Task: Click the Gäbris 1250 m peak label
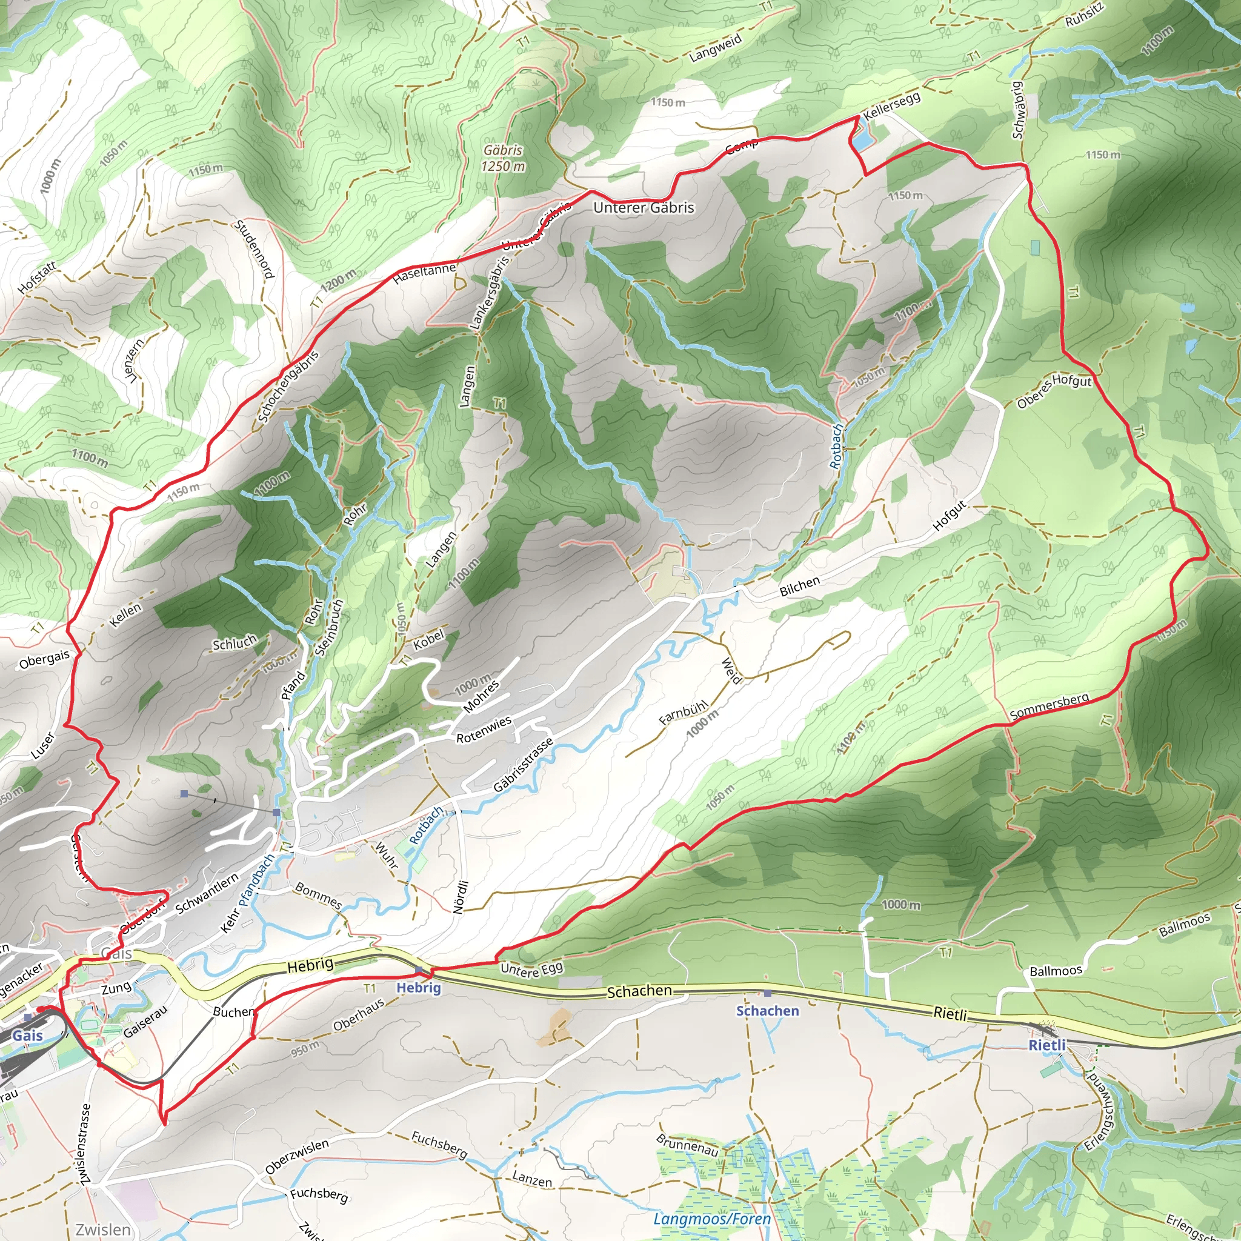(x=503, y=158)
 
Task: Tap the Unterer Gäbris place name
(x=643, y=207)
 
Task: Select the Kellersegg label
(x=891, y=106)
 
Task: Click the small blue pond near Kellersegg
(x=864, y=137)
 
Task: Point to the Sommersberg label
(x=1050, y=706)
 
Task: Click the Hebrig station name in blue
(x=418, y=988)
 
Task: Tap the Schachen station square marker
(x=767, y=993)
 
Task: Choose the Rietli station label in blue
(x=1047, y=1045)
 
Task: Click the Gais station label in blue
(x=28, y=1035)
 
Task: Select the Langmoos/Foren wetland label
(x=712, y=1219)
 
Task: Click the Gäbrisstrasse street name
(x=523, y=765)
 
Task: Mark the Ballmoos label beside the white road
(x=1056, y=971)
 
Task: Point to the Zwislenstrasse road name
(x=85, y=1144)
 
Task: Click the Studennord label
(x=255, y=249)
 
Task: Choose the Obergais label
(x=44, y=660)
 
